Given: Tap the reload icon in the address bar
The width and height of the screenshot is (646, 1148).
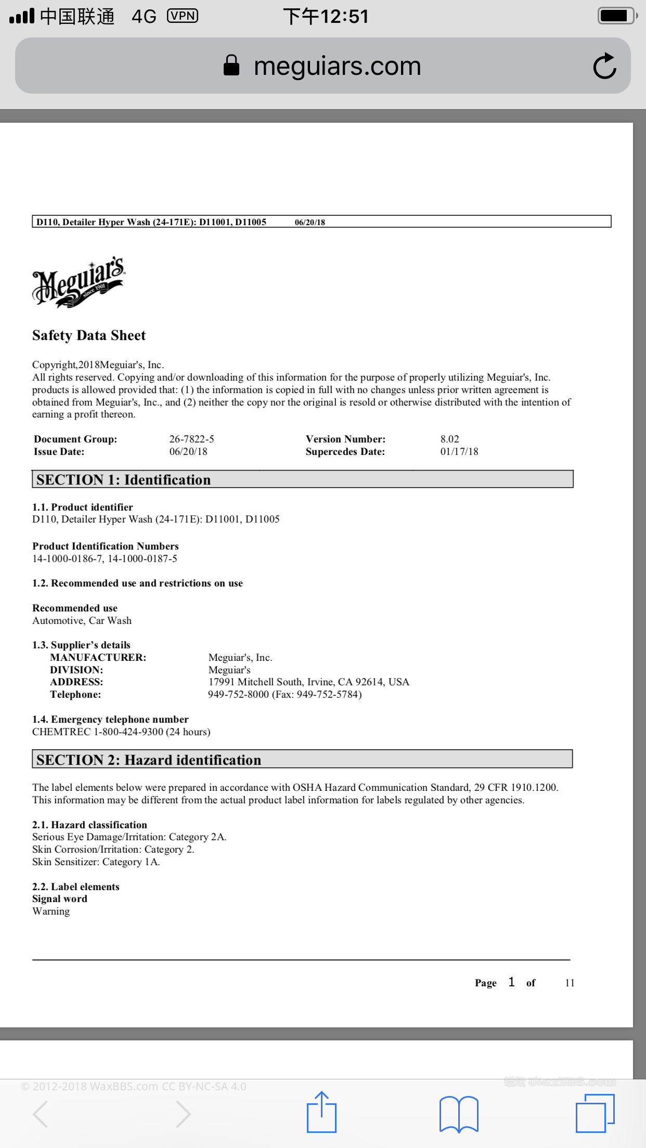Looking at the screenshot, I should pyautogui.click(x=604, y=66).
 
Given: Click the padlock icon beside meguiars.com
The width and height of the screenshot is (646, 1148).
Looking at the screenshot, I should pyautogui.click(x=231, y=66).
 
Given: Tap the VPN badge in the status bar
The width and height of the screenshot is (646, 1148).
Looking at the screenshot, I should pyautogui.click(x=183, y=16).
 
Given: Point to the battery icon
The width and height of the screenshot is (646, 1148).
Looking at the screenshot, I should pyautogui.click(x=617, y=16).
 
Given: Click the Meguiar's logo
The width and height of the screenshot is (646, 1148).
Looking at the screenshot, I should pyautogui.click(x=79, y=282).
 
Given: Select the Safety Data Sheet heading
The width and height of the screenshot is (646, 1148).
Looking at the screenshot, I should pyautogui.click(x=89, y=335).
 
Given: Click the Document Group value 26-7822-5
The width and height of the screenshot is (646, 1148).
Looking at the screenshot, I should pyautogui.click(x=191, y=439).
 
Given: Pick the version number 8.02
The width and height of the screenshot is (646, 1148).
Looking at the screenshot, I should pyautogui.click(x=449, y=439).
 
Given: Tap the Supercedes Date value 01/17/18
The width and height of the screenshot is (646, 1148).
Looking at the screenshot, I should pyautogui.click(x=459, y=452).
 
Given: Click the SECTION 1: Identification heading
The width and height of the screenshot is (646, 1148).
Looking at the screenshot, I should pyautogui.click(x=124, y=479).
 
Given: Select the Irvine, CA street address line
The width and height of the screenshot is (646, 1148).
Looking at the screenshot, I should pyautogui.click(x=308, y=682).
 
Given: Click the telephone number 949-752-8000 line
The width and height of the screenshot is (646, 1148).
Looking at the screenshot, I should pyautogui.click(x=285, y=695).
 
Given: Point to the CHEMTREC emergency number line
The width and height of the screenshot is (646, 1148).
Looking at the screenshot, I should pyautogui.click(x=121, y=732).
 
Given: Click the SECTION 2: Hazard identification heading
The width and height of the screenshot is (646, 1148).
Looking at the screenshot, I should pyautogui.click(x=149, y=760).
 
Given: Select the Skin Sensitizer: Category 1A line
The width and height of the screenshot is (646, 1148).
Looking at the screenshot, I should pyautogui.click(x=96, y=862).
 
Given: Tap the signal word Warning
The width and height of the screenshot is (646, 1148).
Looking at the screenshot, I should pyautogui.click(x=51, y=911).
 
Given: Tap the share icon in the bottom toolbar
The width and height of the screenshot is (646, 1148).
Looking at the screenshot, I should pyautogui.click(x=321, y=1113).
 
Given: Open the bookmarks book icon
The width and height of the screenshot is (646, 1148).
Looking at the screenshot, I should pyautogui.click(x=459, y=1114).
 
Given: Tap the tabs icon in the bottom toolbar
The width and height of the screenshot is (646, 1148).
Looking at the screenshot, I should pyautogui.click(x=595, y=1113).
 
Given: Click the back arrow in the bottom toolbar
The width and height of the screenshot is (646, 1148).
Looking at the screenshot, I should pyautogui.click(x=41, y=1114).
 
